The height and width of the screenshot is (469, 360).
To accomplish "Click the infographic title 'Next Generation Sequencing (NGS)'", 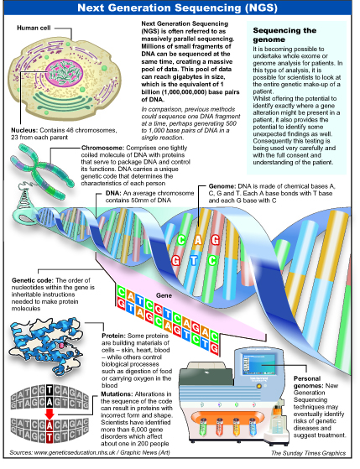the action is (177, 8).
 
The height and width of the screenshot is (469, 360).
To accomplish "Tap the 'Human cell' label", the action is (34, 28).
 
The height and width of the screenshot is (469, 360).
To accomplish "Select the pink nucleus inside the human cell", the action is (65, 72).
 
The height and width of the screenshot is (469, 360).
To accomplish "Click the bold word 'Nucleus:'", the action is (24, 130).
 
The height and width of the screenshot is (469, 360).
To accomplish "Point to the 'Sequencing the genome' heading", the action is (284, 34).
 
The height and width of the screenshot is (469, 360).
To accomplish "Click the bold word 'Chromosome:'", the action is (102, 148).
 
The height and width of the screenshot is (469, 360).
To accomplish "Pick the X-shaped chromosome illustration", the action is (42, 170).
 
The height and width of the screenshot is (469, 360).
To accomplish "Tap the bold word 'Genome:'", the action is (222, 186).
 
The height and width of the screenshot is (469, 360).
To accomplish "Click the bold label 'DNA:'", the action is (113, 193).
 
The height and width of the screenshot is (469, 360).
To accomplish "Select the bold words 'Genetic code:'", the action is (33, 280).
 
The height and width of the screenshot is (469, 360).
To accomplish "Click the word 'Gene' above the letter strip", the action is (164, 295).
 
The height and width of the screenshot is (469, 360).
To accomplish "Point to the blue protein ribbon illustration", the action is (45, 343).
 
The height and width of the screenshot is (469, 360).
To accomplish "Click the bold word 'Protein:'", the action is (113, 336).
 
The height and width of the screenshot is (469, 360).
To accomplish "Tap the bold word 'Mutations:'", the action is (117, 394).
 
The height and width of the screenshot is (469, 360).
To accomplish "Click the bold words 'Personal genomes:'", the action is (307, 383).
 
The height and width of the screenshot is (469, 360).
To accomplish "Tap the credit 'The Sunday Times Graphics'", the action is (308, 453).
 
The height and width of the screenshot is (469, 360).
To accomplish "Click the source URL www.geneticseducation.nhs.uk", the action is (76, 452).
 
